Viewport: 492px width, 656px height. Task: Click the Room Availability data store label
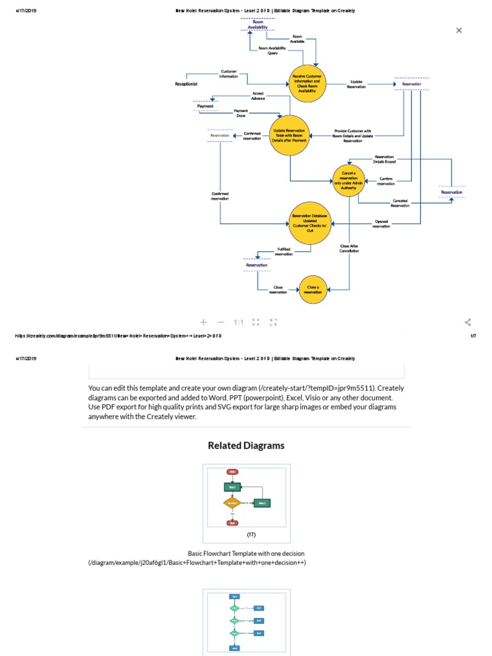click(258, 24)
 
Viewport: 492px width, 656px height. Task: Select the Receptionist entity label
click(186, 84)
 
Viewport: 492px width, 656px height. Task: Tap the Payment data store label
click(205, 106)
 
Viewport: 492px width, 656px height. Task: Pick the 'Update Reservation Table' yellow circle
click(290, 135)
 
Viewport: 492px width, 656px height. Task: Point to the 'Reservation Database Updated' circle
click(309, 224)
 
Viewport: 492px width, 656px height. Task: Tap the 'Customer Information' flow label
click(229, 74)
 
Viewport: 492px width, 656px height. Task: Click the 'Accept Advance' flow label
click(258, 95)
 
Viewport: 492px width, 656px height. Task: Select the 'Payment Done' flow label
click(241, 113)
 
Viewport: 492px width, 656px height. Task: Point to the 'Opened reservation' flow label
click(381, 224)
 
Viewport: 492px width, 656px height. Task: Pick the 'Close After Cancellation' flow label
click(349, 248)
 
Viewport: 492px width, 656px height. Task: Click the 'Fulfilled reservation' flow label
click(284, 251)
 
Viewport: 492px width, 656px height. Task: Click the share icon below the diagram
click(468, 322)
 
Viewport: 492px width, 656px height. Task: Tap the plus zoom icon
click(204, 322)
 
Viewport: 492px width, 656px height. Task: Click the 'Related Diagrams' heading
click(246, 445)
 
